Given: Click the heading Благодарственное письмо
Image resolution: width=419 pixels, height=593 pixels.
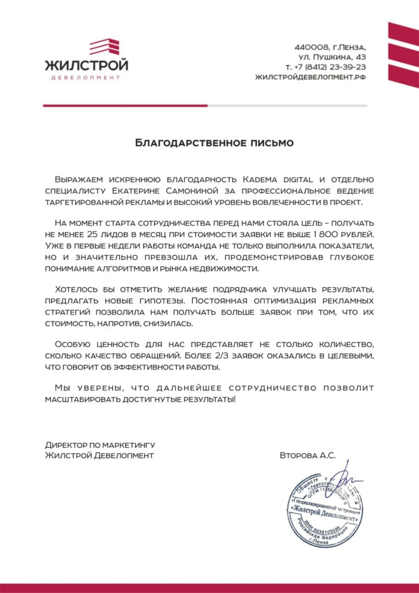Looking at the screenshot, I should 215,143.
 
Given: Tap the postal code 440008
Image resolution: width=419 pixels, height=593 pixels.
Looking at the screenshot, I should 313,47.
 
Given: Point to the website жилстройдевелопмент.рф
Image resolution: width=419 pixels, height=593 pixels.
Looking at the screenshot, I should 310,77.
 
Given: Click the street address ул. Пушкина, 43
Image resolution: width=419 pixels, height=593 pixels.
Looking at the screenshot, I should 332,57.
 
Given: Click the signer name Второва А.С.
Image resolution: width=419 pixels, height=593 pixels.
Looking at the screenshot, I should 307,455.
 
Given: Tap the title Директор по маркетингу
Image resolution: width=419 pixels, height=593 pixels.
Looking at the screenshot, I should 100,444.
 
